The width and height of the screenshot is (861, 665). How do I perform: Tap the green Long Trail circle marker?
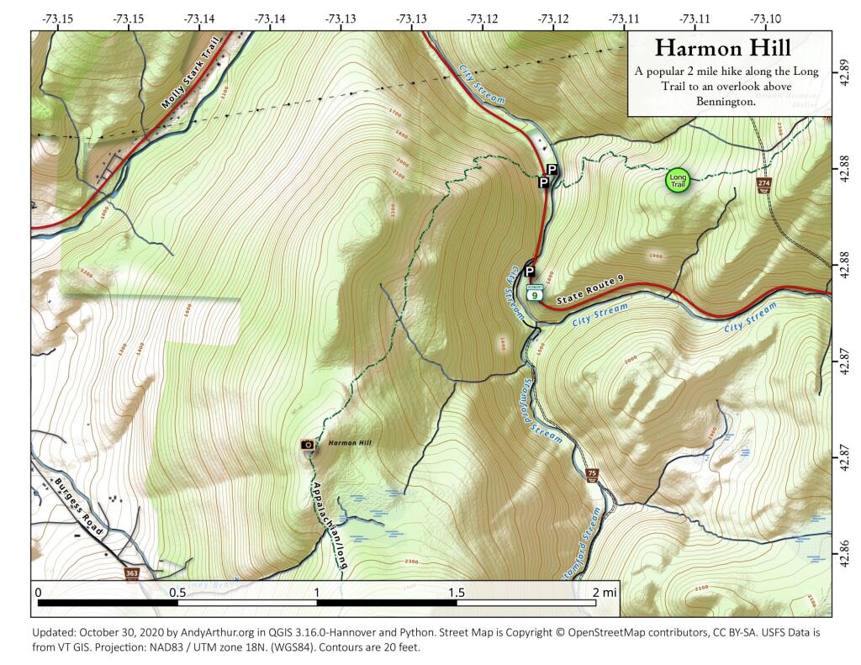click(678, 179)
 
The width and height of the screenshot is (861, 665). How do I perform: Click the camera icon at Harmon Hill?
click(308, 444)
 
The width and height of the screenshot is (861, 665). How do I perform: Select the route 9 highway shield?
click(535, 295)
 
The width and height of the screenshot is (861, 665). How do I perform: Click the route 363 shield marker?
click(131, 573)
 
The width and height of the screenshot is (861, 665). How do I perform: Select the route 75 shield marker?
click(592, 474)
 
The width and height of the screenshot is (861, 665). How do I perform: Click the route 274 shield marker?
click(763, 183)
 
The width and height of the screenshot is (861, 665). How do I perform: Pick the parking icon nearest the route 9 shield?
click(530, 271)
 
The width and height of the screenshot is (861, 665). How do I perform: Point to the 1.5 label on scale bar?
click(457, 592)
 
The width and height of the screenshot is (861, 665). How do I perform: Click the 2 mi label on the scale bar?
click(605, 592)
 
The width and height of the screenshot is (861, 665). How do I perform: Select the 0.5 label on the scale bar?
click(177, 592)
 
